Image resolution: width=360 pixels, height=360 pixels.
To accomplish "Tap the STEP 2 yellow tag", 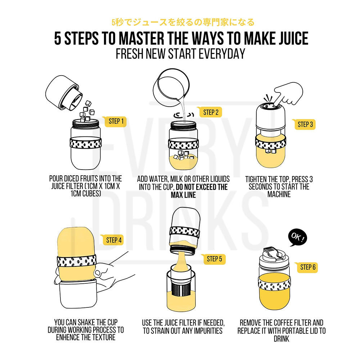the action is coord(210,112).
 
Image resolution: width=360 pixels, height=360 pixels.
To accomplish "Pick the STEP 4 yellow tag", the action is coord(112,240).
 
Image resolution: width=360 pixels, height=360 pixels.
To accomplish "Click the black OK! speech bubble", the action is coord(298,237).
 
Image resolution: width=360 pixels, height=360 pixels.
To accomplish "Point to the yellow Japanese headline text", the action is coord(183,22).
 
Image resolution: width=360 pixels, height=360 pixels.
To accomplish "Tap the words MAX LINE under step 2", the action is coord(183,195).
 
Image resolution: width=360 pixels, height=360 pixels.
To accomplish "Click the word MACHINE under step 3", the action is coord(279,194).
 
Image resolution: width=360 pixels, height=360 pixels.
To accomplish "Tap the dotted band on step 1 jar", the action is coord(85,143).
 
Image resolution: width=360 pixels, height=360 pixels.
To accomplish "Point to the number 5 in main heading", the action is coord(58,38).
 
